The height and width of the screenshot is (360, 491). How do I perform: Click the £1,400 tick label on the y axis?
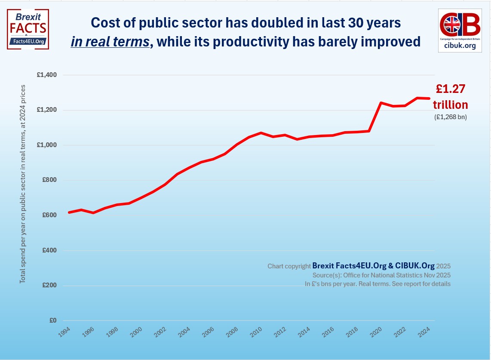(47, 75)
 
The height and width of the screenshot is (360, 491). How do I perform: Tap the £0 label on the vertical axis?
(53, 320)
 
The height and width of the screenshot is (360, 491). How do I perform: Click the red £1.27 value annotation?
(451, 89)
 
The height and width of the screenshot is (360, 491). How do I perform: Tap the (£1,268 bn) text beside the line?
(451, 116)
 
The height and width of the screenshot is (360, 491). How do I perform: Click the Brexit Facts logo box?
(28, 29)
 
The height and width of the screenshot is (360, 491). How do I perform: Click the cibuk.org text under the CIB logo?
(459, 46)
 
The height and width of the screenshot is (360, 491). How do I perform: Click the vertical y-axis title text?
(23, 184)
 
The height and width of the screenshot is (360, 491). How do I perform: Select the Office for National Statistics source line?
(381, 275)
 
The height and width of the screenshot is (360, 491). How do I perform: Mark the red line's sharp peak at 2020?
(381, 103)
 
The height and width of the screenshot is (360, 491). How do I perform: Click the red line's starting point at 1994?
(69, 212)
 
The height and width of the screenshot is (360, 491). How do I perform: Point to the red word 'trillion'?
(451, 105)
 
